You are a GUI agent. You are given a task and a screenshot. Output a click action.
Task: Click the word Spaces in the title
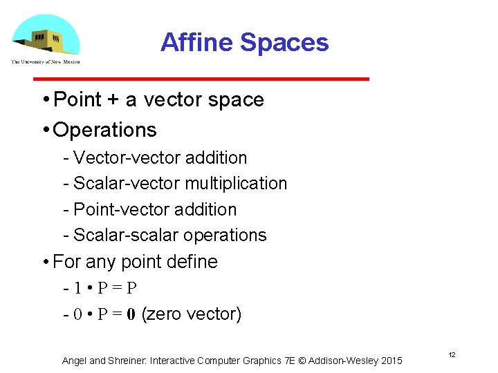click(284, 43)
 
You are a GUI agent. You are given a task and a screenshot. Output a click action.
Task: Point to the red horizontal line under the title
click(228, 79)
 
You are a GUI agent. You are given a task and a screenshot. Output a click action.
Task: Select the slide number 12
click(452, 354)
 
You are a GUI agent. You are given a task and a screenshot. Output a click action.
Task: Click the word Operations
click(105, 130)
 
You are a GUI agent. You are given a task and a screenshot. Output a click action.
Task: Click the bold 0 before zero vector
click(131, 314)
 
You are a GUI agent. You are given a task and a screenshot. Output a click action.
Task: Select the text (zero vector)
click(192, 314)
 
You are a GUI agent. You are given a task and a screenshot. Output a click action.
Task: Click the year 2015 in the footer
click(391, 361)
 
